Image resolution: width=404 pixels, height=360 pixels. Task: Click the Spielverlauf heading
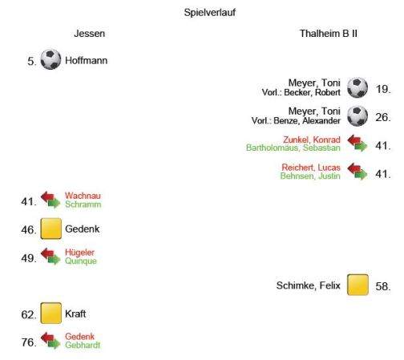[x=210, y=13]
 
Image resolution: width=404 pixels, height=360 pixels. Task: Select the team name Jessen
[x=89, y=34]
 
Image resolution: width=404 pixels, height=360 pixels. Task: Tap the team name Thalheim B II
[x=328, y=34]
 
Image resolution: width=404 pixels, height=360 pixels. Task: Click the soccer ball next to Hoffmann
[x=50, y=59]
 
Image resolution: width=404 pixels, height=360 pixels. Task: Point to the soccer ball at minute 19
[x=358, y=87]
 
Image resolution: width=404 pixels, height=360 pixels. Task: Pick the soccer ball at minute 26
[x=358, y=116]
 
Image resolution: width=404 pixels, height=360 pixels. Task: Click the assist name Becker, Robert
[x=312, y=92]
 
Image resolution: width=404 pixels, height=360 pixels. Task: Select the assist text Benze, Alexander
[x=307, y=121]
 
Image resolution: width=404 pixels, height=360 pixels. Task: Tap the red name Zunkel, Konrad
[x=312, y=140]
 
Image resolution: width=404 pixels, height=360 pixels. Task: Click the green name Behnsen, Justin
[x=310, y=176]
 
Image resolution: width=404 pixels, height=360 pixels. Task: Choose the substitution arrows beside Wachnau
[x=50, y=200]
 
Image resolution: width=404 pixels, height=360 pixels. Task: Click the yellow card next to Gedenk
[x=51, y=229]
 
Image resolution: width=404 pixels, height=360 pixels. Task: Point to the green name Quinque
[x=81, y=261]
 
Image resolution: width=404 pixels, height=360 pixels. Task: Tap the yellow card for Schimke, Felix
[x=358, y=285]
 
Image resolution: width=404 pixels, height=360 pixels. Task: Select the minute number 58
[x=382, y=286]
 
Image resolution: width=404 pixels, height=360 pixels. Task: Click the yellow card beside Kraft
[x=51, y=313]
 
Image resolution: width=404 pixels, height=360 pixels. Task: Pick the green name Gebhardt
[x=83, y=345]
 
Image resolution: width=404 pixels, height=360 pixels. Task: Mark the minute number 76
[x=29, y=342]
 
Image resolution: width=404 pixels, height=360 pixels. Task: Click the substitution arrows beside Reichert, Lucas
[x=358, y=172]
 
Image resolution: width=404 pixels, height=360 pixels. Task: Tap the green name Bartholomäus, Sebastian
[x=293, y=148]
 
